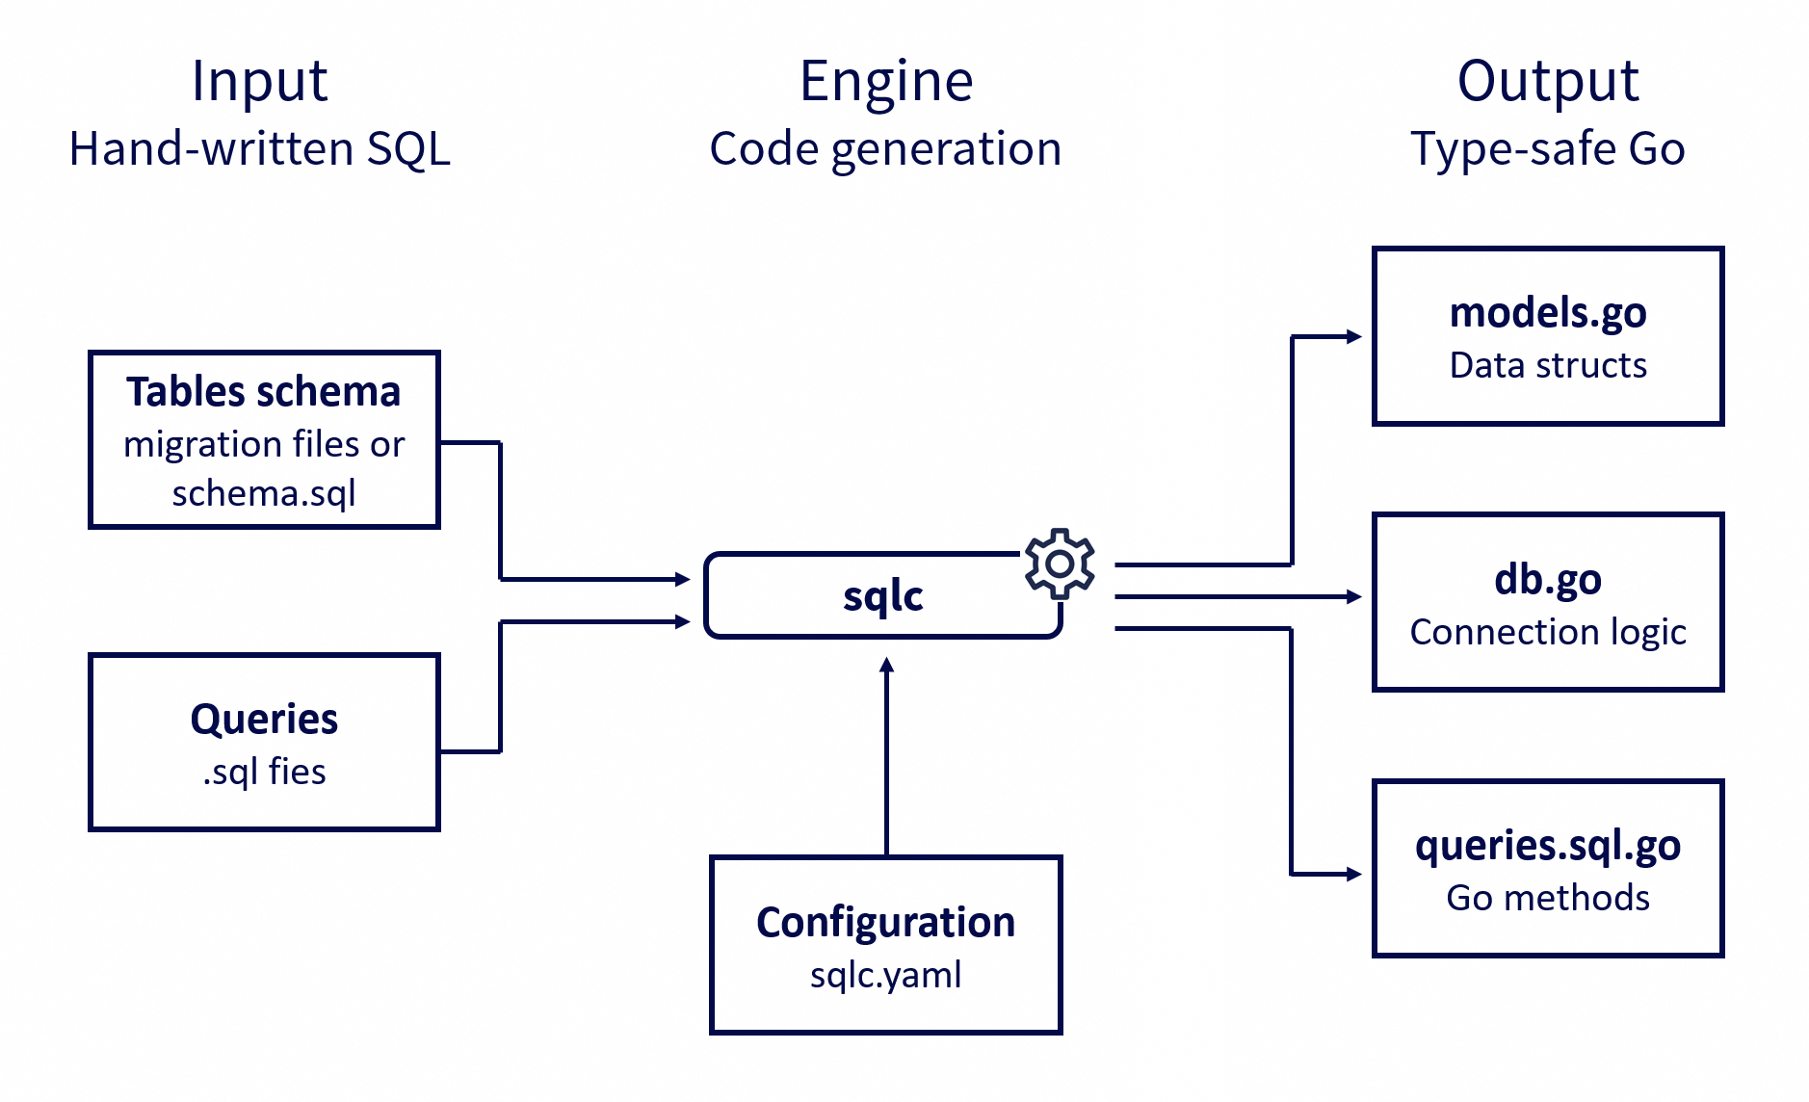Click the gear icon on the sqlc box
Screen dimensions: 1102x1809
pos(1060,564)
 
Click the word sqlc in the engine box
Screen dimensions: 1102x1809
pos(882,596)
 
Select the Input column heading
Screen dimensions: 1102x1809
pos(259,81)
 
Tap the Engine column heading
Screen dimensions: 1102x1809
pos(886,81)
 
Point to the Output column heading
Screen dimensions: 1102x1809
pos(1547,81)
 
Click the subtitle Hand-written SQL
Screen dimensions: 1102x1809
pos(259,149)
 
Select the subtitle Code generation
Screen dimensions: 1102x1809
pos(885,149)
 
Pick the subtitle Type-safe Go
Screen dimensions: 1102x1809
pos(1547,149)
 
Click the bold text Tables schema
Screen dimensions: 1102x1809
pos(263,392)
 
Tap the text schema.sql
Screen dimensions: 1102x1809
pos(263,493)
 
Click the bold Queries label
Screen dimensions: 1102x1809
pos(264,720)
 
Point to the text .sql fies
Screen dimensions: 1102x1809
pos(264,772)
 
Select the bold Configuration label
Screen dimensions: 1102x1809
pos(885,923)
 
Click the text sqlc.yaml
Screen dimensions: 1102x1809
pos(885,975)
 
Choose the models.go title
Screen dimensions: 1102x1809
pos(1547,313)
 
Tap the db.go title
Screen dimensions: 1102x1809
pos(1547,580)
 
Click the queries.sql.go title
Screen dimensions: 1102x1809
pos(1547,846)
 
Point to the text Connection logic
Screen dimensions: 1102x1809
pos(1547,632)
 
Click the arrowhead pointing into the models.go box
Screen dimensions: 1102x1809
pos(1354,336)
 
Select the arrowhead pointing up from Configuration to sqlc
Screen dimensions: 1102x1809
pos(887,665)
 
